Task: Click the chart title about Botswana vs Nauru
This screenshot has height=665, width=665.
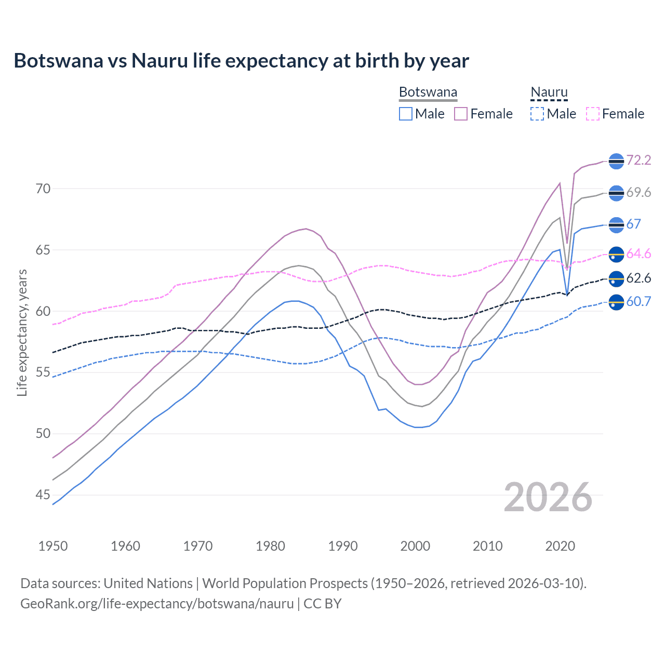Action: point(241,61)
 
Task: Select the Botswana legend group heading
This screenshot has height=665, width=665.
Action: point(428,92)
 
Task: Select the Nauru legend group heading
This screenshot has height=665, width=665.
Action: point(549,92)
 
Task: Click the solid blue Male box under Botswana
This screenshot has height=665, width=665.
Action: point(406,114)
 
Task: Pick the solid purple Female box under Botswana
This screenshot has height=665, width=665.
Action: point(461,114)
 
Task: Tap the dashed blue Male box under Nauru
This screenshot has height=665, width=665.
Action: point(537,114)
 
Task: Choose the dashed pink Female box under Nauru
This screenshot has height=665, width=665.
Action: point(593,114)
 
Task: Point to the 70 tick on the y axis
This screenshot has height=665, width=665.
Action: point(43,189)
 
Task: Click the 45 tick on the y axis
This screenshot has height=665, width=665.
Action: point(43,495)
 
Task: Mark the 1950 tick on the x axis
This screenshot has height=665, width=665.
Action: point(53,546)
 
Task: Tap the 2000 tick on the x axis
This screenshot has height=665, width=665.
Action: point(415,546)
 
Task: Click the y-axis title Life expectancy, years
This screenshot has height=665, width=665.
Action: point(22,332)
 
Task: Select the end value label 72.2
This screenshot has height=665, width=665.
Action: point(639,161)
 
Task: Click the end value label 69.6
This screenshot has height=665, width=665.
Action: point(639,193)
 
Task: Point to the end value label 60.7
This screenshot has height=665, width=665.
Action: point(639,301)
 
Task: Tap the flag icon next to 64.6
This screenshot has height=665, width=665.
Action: point(616,254)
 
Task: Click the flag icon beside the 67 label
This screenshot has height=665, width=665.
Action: point(616,224)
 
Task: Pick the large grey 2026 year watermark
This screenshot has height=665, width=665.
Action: point(548,497)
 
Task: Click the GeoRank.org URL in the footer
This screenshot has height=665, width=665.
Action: point(157,604)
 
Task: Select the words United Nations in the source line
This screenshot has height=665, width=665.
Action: point(148,583)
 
